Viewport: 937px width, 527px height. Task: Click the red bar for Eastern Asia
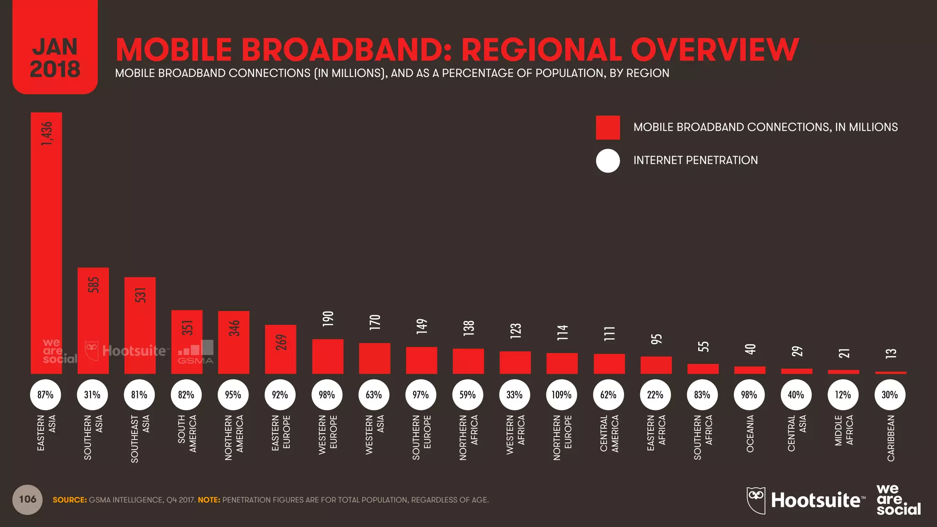pos(46,242)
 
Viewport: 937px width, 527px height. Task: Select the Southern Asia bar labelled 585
pos(93,320)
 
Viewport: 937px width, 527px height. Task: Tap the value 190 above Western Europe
pos(328,318)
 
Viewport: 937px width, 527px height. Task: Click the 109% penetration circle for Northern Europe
pos(561,394)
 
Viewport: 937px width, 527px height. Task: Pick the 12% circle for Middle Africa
pos(843,394)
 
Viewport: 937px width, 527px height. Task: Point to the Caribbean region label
pos(890,438)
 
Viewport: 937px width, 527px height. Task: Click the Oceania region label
pos(750,433)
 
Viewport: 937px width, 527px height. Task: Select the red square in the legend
pos(608,128)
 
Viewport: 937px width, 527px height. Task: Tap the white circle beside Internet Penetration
pos(608,161)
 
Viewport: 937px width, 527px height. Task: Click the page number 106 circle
pos(27,499)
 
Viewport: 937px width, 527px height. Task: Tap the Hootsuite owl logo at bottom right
pos(756,500)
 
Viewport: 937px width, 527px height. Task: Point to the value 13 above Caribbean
pos(890,353)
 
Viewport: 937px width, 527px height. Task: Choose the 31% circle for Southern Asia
pos(92,394)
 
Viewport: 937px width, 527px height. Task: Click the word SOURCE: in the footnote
pos(70,500)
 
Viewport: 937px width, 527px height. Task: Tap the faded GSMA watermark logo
pos(196,353)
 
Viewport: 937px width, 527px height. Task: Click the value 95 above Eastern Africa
pos(656,339)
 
